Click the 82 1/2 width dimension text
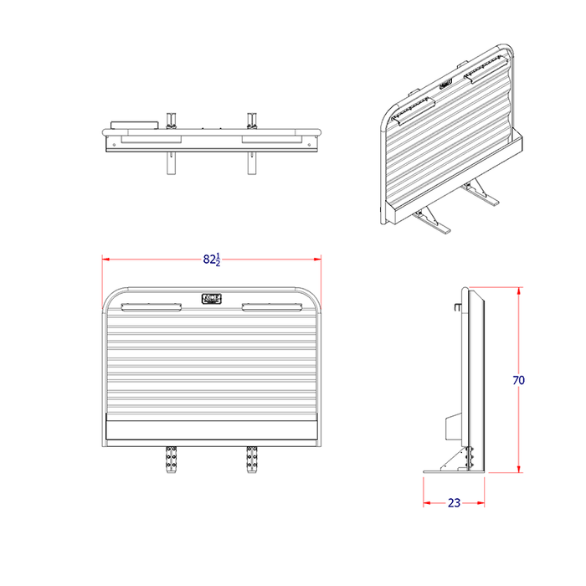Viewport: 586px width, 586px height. coord(212,259)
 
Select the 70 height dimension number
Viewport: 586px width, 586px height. coord(518,380)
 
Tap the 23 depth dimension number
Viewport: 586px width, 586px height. coord(454,503)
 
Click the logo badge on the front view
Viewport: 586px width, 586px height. coord(211,299)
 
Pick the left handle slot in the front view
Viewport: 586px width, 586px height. coord(151,306)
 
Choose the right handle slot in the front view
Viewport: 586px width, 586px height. coord(271,306)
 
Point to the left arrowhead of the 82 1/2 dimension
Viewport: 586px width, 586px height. coord(106,260)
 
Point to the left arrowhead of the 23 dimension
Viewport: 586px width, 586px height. coord(426,503)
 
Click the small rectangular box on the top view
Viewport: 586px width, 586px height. coord(134,125)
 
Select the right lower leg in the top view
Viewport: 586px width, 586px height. coord(249,164)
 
